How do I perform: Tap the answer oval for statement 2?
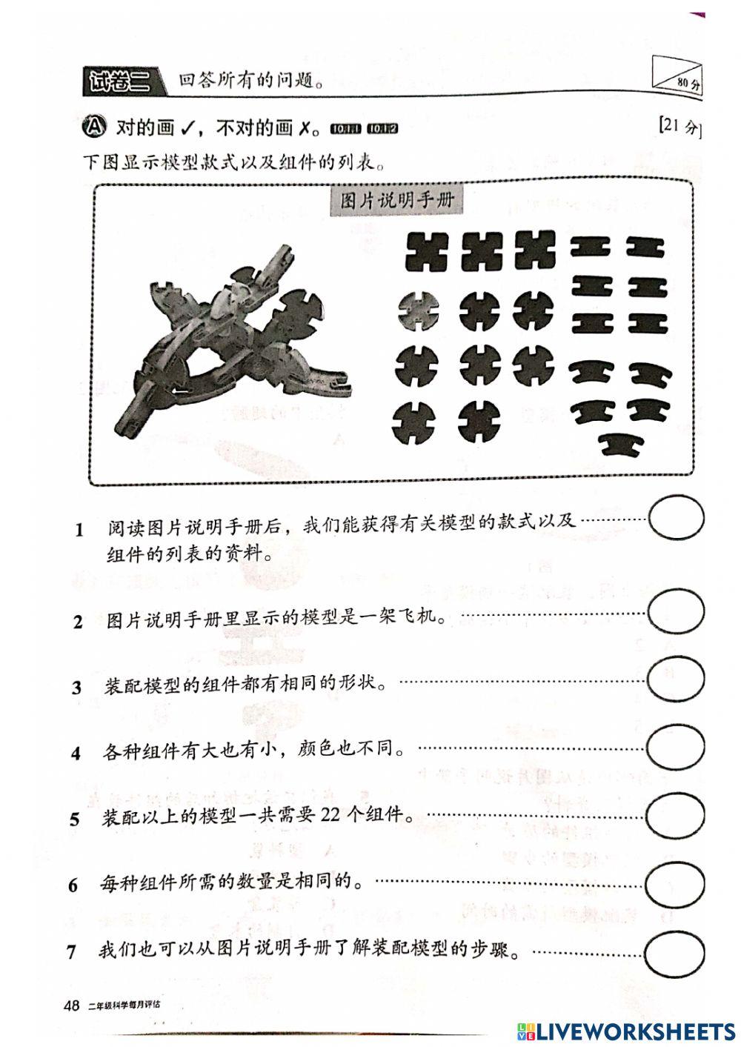click(676, 612)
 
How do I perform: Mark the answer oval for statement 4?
click(675, 746)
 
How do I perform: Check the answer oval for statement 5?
click(674, 814)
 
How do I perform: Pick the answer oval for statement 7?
click(674, 950)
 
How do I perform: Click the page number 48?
click(73, 1006)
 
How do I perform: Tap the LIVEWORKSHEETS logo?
click(626, 1031)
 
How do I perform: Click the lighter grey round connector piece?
click(418, 310)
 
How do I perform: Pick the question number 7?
click(72, 951)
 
